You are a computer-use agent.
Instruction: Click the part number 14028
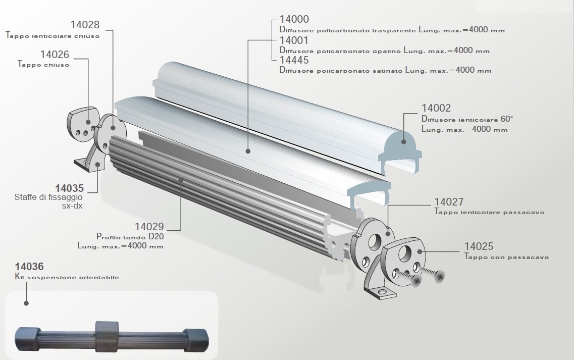85,25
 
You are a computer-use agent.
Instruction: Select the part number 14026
55,55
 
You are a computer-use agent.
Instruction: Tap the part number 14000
294,19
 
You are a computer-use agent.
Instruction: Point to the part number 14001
294,40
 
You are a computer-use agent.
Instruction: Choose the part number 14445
294,60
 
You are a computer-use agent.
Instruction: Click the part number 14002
436,108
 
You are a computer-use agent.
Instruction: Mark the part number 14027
449,202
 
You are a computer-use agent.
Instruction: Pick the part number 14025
479,246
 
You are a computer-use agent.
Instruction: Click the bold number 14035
70,188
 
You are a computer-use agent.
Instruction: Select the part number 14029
149,227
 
